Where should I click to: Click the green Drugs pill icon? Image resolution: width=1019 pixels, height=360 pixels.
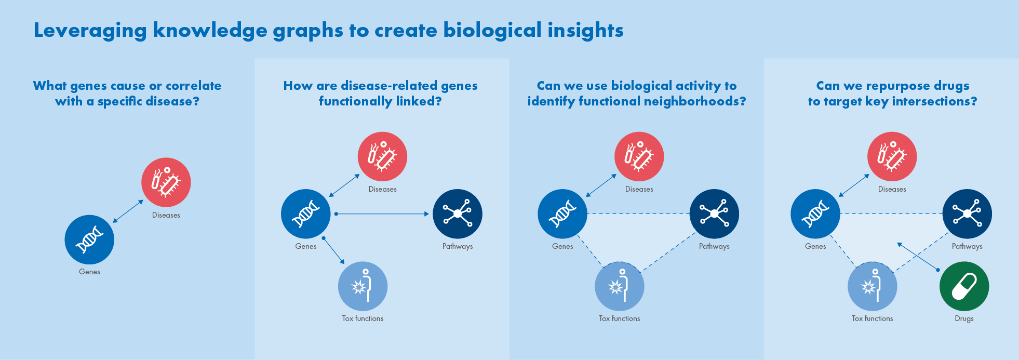point(964,286)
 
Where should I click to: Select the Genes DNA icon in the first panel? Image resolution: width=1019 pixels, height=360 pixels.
point(89,239)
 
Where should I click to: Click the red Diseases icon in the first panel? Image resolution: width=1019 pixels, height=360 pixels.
point(166,182)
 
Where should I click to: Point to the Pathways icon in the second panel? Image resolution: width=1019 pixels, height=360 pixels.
point(458,214)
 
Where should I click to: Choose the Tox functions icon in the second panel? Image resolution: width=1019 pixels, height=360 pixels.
point(363,286)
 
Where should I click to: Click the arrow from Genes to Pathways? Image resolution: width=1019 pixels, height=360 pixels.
point(382,214)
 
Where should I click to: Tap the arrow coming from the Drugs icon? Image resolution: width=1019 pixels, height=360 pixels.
point(918,256)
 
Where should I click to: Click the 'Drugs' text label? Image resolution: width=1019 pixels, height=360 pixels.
point(964,318)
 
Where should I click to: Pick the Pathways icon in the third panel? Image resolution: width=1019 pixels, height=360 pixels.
point(714,214)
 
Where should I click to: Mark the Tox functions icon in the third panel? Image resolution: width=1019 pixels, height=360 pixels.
point(619,286)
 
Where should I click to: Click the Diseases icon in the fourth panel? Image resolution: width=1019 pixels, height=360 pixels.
point(892,156)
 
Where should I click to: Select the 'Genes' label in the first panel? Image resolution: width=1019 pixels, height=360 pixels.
point(89,272)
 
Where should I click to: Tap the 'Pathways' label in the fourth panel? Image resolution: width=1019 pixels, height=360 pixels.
point(967,246)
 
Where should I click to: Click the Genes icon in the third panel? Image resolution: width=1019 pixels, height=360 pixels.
point(562,214)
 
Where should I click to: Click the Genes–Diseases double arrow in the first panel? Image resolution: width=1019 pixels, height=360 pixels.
point(128,211)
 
